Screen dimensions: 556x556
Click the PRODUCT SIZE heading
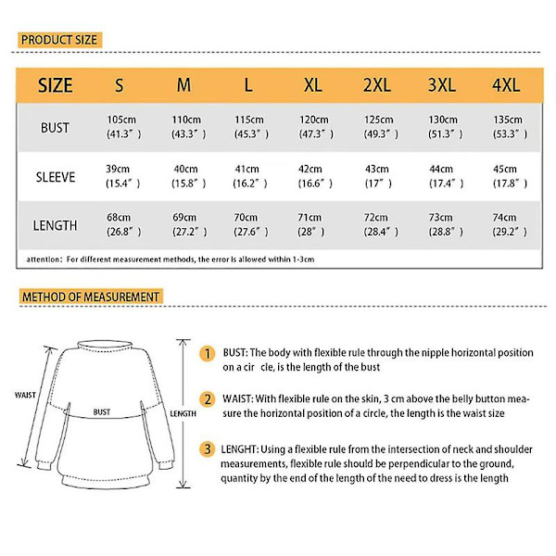coord(58,40)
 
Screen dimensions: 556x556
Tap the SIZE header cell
coord(55,85)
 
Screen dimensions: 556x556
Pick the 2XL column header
coord(376,85)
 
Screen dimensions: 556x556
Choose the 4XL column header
coord(506,85)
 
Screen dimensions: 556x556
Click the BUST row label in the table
coord(55,126)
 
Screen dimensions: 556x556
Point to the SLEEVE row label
coord(55,176)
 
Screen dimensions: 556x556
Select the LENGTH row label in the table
coord(55,225)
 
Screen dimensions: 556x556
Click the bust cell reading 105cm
coord(122,120)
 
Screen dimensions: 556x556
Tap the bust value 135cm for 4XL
coord(506,120)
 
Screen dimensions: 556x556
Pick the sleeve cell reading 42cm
coord(311,170)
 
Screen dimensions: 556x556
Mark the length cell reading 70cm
coord(248,219)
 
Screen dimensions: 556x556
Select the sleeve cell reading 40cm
coord(185,170)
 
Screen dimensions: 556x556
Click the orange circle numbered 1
coord(209,353)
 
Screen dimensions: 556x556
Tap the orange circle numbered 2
coord(209,398)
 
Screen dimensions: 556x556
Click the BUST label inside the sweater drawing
coord(102,411)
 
